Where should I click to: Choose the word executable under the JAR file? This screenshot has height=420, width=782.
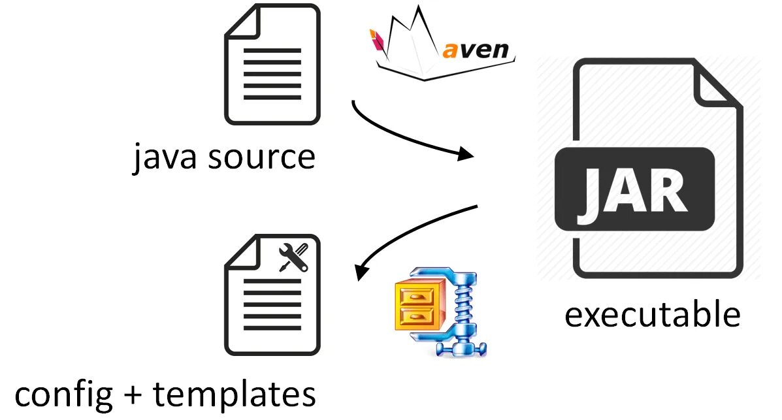click(652, 315)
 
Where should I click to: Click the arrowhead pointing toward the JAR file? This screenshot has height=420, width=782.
click(465, 155)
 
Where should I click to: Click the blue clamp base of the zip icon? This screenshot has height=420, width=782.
click(463, 347)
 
